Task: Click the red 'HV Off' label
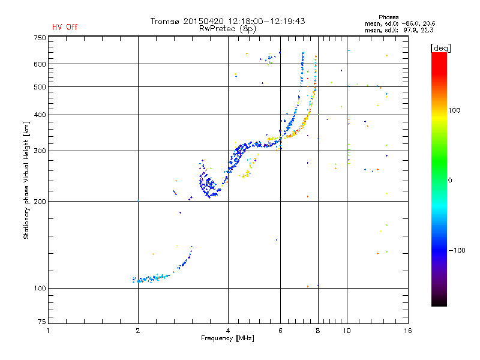[64, 27]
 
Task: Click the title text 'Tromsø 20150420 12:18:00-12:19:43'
[228, 21]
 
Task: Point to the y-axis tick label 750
[40, 37]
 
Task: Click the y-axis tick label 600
[40, 64]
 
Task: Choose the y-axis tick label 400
[40, 115]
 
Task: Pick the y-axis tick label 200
[40, 201]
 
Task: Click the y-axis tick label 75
[41, 323]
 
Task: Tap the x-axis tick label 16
[407, 331]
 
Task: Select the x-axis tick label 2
[138, 331]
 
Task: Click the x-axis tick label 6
[280, 331]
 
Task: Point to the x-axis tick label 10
[346, 331]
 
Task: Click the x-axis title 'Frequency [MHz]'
[227, 339]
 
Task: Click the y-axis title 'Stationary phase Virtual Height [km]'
[26, 180]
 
